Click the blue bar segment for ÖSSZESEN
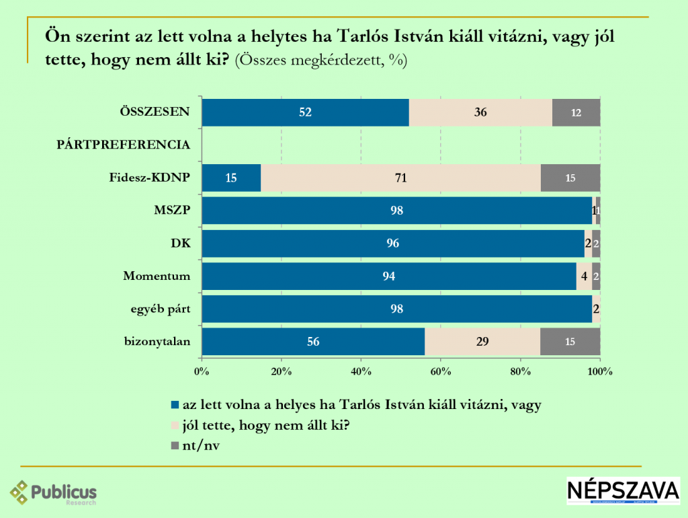(305, 112)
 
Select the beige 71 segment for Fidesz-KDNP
(400, 178)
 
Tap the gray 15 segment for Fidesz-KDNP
(570, 178)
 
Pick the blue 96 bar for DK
(393, 243)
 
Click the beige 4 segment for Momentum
(584, 276)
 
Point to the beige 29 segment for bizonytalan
(482, 341)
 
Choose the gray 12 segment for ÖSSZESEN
(576, 112)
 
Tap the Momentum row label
(157, 276)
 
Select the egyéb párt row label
(160, 309)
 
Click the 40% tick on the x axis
(361, 371)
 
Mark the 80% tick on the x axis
(521, 371)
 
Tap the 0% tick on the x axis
(202, 371)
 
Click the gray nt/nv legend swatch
(175, 444)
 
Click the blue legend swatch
(175, 405)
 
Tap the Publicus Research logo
(54, 493)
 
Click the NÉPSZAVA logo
(623, 492)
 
